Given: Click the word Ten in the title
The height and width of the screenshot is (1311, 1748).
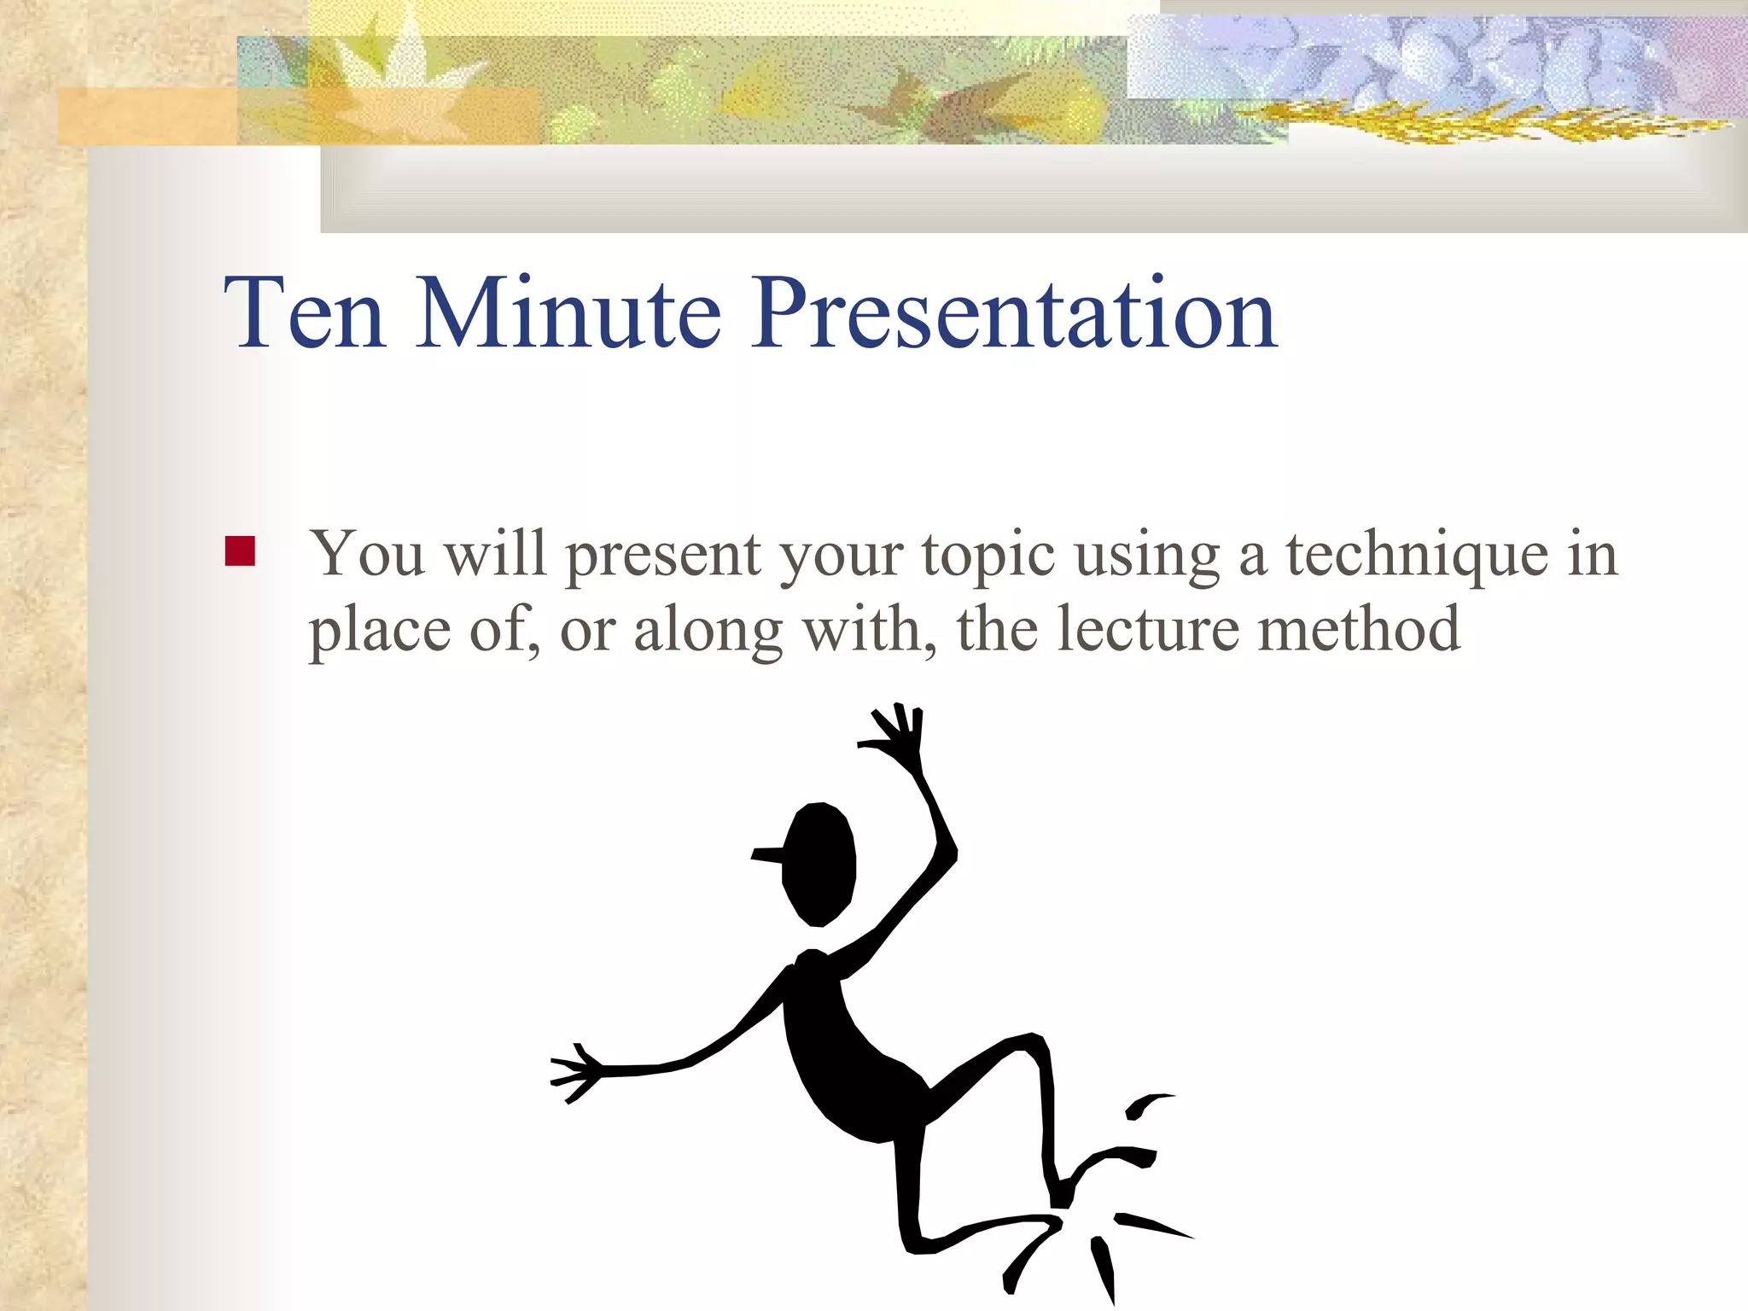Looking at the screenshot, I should (304, 314).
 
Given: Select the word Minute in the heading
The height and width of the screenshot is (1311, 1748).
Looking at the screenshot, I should (568, 314).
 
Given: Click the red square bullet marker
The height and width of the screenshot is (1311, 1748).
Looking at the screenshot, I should (240, 551).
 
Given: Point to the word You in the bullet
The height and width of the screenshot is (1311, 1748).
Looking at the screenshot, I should (367, 555).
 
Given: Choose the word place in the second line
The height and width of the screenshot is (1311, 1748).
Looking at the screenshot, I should (379, 633).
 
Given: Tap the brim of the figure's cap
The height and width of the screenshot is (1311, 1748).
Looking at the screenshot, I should (767, 854).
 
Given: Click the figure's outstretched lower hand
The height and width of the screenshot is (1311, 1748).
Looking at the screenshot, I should (575, 1071).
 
